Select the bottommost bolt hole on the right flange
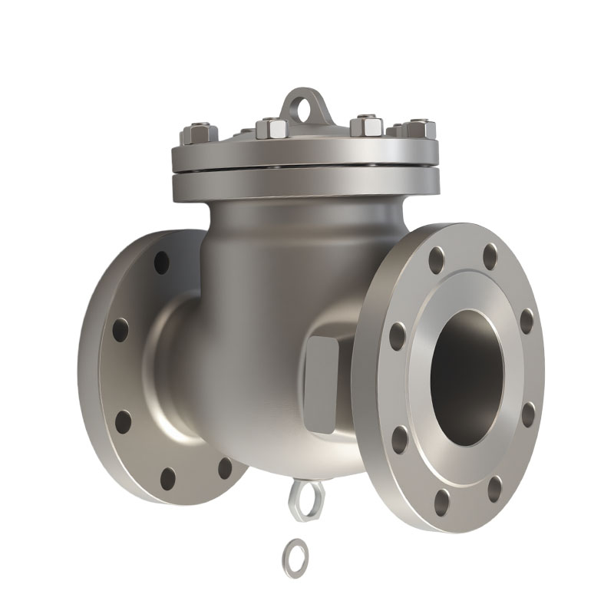[442, 503]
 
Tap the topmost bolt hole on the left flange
[161, 262]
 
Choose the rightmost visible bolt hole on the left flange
[224, 467]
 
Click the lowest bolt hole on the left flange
[168, 479]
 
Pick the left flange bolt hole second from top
[120, 330]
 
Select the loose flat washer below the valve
[294, 550]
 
